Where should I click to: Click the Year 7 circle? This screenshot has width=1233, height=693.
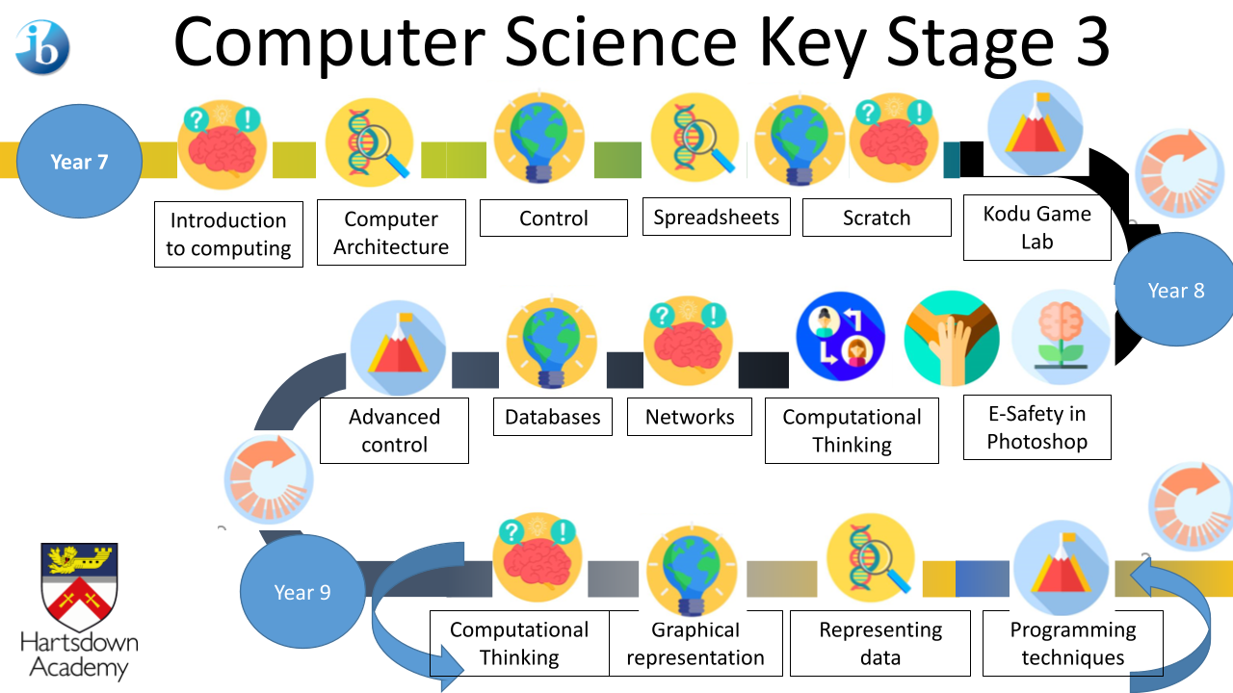[x=79, y=161]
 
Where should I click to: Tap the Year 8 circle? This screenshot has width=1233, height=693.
[x=1175, y=290]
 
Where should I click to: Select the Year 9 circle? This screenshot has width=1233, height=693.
[x=302, y=591]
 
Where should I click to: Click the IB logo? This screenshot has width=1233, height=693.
[x=43, y=47]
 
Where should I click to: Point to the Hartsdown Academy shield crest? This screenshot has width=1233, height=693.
[x=79, y=587]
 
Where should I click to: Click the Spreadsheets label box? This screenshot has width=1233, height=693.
[x=716, y=217]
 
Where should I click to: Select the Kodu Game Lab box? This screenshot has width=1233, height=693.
[x=1037, y=227]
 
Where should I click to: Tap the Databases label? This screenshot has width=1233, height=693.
[x=553, y=417]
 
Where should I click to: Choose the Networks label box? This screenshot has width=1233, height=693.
[x=689, y=417]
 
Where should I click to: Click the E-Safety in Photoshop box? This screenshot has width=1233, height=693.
[x=1037, y=427]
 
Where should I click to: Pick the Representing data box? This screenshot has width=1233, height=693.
[x=880, y=643]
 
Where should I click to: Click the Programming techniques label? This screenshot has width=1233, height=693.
[x=1073, y=643]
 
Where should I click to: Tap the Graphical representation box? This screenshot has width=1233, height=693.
[x=695, y=643]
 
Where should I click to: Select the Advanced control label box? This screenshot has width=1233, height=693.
[x=394, y=430]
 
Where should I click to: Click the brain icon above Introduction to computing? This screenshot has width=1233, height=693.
[x=223, y=145]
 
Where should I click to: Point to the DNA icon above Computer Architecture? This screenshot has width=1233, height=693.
[x=369, y=142]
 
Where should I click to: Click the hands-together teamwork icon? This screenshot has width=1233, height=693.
[x=951, y=338]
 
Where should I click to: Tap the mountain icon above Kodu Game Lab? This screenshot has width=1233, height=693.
[x=1035, y=128]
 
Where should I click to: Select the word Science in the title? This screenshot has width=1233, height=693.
[x=620, y=41]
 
